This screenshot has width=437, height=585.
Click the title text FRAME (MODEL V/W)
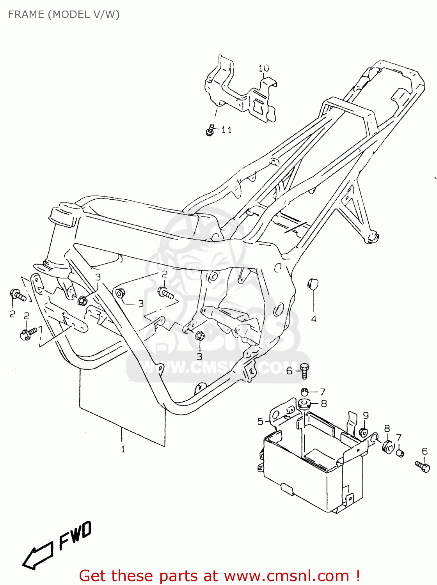point(64,14)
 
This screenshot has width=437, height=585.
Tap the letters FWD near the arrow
point(75,536)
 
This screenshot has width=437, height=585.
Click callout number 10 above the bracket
point(264,68)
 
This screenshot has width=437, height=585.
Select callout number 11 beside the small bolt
point(227,130)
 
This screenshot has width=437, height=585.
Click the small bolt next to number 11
point(210,130)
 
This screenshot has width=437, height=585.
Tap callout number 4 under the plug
point(314,319)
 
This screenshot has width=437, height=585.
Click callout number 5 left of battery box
point(260,421)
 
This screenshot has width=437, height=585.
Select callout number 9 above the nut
point(366,415)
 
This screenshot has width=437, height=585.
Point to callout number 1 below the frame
point(123,449)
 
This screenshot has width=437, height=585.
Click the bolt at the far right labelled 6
point(423,466)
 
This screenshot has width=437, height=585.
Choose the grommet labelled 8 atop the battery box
point(305,403)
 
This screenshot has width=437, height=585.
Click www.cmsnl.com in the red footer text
point(286,576)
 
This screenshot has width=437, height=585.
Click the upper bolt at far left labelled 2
point(18,295)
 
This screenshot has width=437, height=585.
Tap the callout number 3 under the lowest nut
point(199,356)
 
